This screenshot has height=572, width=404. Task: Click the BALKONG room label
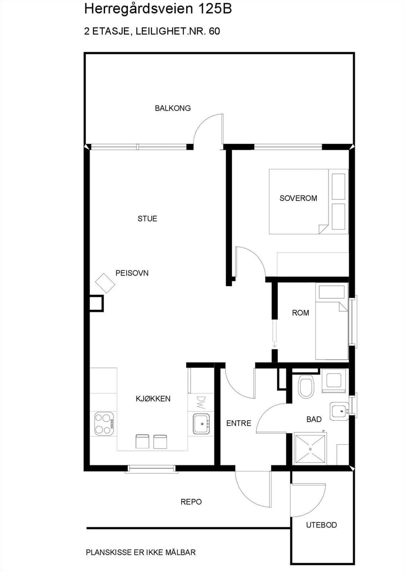173,108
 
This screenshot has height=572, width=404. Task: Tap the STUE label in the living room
147,218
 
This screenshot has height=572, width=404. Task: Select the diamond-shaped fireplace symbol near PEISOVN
105,283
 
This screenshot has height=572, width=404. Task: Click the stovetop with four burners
104,424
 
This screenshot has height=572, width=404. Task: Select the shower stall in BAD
310,449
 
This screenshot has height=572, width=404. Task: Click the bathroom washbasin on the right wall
339,411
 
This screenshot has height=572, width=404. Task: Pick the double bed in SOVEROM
308,202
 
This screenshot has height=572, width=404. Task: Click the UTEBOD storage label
321,525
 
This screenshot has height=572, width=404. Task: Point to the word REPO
191,502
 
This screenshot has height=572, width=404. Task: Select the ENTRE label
239,423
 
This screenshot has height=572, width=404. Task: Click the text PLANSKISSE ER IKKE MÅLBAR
141,552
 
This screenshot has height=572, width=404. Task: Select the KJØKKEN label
153,399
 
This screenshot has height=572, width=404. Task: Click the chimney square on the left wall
96,304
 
